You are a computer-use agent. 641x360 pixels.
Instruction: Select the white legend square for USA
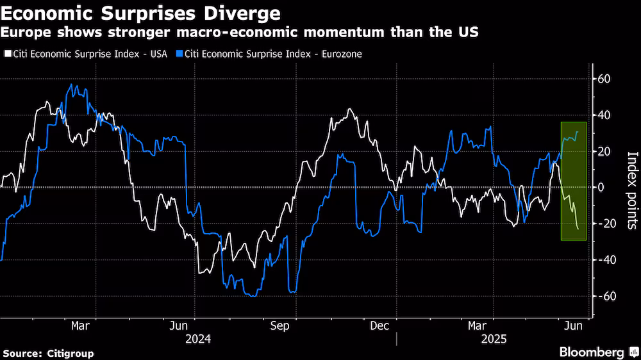point(7,54)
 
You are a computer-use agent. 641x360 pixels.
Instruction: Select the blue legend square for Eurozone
point(179,54)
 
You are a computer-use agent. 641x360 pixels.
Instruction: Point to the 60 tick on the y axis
point(605,79)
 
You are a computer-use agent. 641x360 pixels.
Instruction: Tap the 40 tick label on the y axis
point(605,115)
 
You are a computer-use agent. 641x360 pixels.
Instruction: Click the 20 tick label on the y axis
point(605,152)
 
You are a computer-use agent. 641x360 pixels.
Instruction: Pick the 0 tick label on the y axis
point(602,188)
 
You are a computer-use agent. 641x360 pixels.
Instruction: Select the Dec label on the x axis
point(379,326)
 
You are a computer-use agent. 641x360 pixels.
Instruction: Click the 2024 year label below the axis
point(197,340)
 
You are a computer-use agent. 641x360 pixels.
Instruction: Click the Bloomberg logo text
point(592,352)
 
